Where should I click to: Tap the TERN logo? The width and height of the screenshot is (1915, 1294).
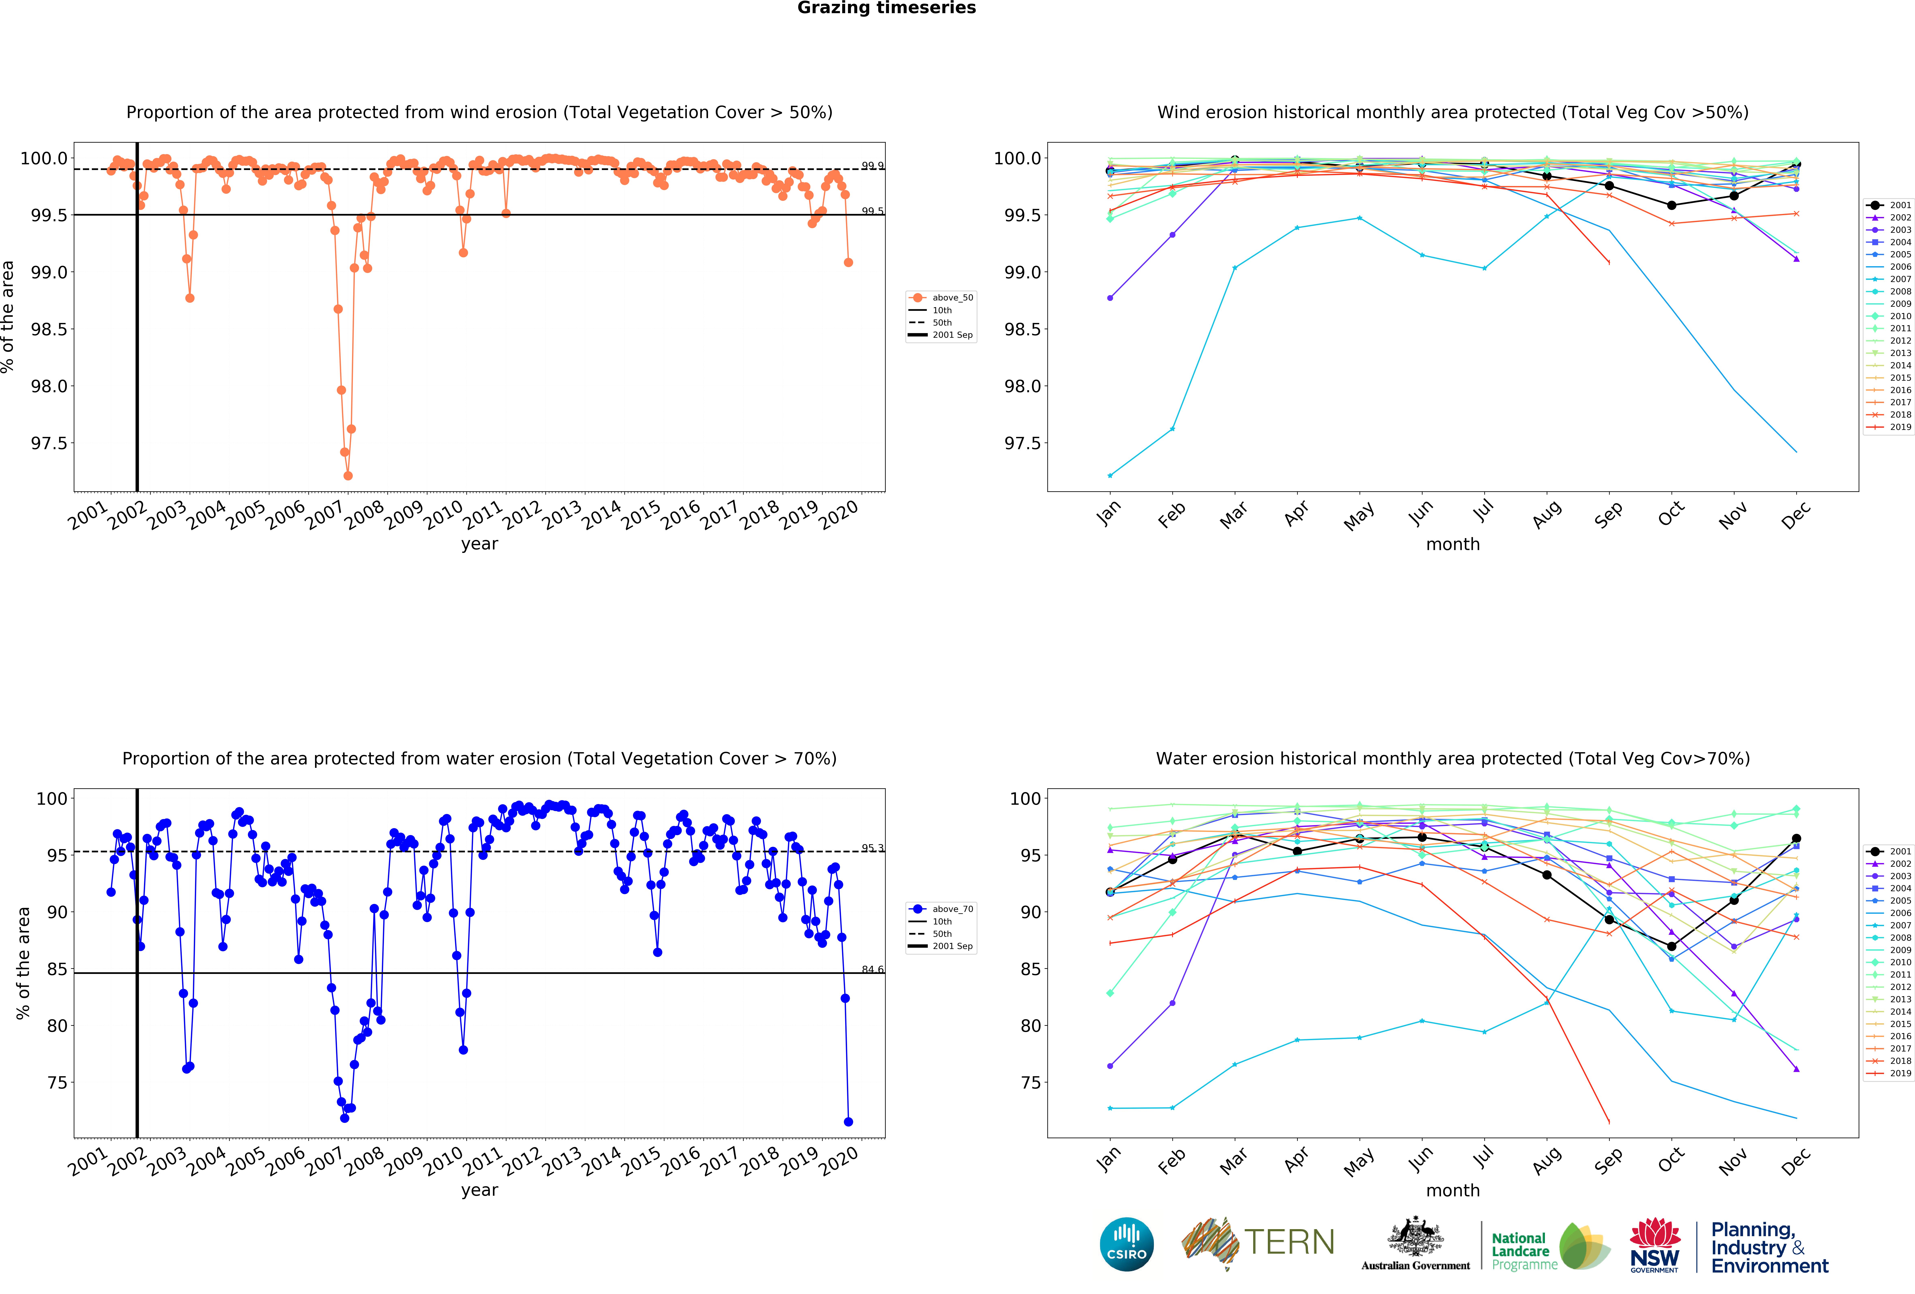coord(1258,1242)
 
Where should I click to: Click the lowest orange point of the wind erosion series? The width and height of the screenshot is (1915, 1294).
coord(348,475)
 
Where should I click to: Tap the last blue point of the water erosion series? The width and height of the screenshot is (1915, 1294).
coord(848,1122)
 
